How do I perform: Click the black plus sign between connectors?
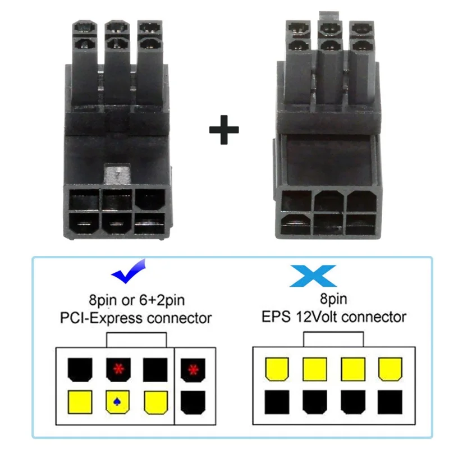coord(224,130)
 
